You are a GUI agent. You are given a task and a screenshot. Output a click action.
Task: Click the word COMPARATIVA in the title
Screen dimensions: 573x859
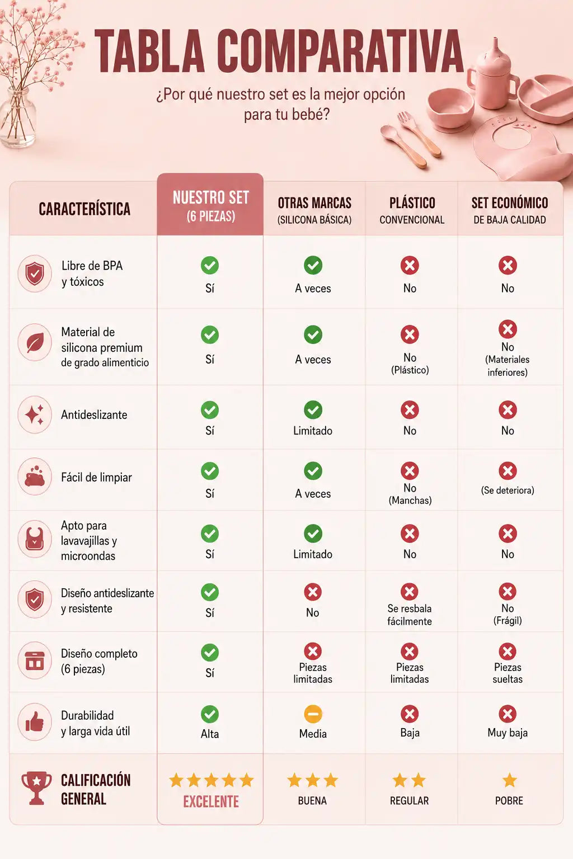coord(340,51)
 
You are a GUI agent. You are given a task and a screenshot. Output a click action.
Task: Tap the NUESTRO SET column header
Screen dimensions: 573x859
coord(211,206)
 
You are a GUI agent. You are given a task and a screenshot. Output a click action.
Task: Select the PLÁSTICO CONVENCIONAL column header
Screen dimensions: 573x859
coord(412,210)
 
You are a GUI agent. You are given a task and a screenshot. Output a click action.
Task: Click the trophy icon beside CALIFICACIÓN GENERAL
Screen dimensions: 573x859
coord(36,787)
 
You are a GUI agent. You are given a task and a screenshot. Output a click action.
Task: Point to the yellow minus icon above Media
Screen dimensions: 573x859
coord(313,714)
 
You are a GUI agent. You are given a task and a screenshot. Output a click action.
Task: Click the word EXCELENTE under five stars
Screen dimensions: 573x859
coord(211,801)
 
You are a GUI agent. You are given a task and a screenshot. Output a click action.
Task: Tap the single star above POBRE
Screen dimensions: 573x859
coord(509,780)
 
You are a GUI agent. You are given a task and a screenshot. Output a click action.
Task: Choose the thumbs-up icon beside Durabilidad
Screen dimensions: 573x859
coord(35,722)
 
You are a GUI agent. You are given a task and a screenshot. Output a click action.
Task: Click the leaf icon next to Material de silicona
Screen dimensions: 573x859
coord(35,342)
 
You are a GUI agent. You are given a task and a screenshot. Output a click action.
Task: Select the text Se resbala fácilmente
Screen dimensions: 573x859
coord(410,615)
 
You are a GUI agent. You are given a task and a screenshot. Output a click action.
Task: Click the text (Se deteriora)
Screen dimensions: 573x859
coord(508,490)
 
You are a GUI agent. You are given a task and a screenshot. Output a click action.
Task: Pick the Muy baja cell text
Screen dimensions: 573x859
coord(508,733)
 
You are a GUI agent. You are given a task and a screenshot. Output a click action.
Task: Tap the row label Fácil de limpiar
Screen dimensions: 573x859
coord(96,478)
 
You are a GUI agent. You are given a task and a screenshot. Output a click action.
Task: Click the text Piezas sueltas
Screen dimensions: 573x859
coord(508,673)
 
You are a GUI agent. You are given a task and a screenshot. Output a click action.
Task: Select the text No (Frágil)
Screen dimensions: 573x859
coord(508,615)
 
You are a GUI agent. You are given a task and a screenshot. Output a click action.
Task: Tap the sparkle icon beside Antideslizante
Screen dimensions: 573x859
coord(35,414)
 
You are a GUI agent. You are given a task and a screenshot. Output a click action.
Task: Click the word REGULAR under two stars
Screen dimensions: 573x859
coord(409,801)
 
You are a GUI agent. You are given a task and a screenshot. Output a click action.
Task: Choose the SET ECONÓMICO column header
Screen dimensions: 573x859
coord(510,210)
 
